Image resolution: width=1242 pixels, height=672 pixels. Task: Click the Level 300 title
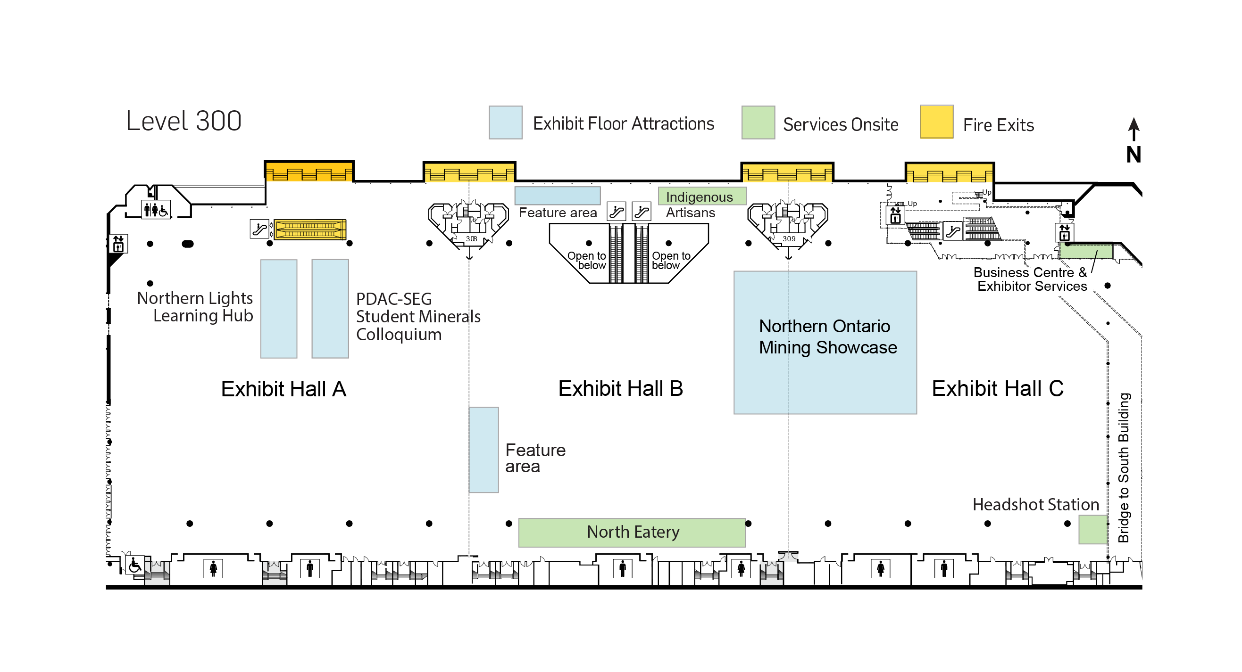[183, 121]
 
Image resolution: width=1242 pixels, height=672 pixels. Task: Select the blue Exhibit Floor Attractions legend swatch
[505, 123]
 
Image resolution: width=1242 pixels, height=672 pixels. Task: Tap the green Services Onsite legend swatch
[758, 123]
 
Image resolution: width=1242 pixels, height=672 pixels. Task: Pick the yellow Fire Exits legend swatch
[936, 122]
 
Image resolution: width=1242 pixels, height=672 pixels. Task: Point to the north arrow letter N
[1134, 155]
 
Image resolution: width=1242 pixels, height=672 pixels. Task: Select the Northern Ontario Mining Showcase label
[827, 337]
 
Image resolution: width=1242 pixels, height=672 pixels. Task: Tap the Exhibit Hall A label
[283, 389]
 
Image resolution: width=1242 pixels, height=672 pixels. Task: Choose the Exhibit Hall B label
[620, 388]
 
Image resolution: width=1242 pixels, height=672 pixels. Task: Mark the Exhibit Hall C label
[997, 388]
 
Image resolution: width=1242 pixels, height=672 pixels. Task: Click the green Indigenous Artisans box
[702, 196]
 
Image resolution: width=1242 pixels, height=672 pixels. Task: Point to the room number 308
[471, 238]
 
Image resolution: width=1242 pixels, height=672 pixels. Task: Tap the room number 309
[789, 238]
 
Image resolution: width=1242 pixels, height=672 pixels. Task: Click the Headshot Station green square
[1092, 529]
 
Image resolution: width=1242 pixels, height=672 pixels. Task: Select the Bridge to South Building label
[1124, 467]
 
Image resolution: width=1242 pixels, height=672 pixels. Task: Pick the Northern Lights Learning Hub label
[195, 307]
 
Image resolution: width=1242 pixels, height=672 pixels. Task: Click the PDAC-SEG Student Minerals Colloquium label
[417, 317]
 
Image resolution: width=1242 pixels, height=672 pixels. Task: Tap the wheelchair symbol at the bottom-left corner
[134, 565]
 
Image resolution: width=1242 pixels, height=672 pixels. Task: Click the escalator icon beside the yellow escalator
[259, 229]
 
